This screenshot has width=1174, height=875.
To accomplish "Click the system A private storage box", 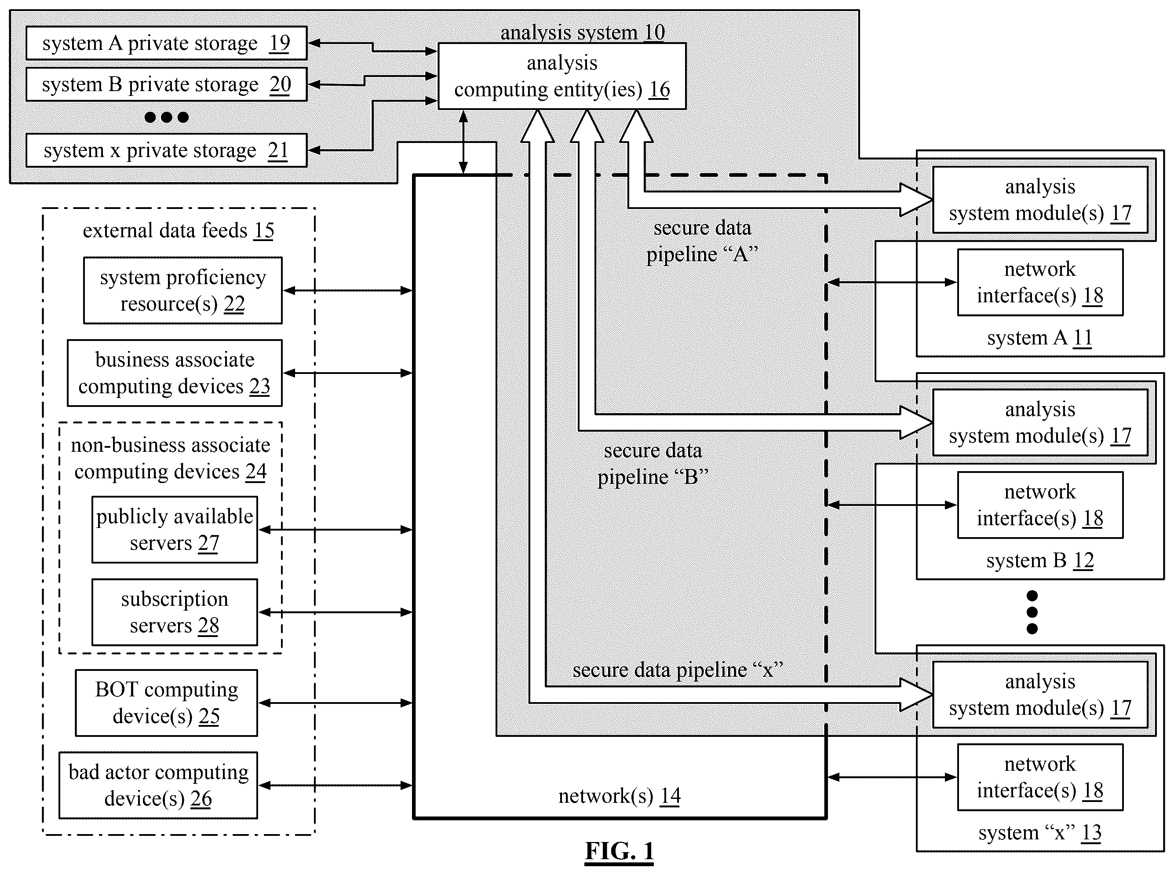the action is click(x=166, y=43).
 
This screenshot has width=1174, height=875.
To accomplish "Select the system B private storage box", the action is click(x=166, y=84).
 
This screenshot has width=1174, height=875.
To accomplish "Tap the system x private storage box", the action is click(x=166, y=150).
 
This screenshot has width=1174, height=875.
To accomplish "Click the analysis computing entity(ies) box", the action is click(x=562, y=76).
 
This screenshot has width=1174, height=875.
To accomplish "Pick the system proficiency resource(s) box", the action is click(x=182, y=290).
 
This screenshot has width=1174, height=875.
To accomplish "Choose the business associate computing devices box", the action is click(x=175, y=373).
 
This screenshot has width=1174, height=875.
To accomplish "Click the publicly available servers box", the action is click(x=175, y=530).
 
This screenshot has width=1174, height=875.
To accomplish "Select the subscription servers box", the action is click(x=175, y=612).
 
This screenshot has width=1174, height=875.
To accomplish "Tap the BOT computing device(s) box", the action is click(x=166, y=703).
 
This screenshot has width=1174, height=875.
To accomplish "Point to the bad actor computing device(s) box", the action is click(x=158, y=786).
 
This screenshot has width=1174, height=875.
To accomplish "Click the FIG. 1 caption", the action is click(x=619, y=852).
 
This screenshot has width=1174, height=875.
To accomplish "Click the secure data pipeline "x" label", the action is click(x=678, y=670).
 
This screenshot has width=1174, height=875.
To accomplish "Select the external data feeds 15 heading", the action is click(x=179, y=231).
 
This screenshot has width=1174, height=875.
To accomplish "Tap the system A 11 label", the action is click(x=1039, y=338).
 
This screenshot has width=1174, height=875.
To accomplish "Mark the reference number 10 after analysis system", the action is click(x=654, y=32).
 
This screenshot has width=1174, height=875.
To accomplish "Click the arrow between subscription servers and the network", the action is click(x=335, y=612).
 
